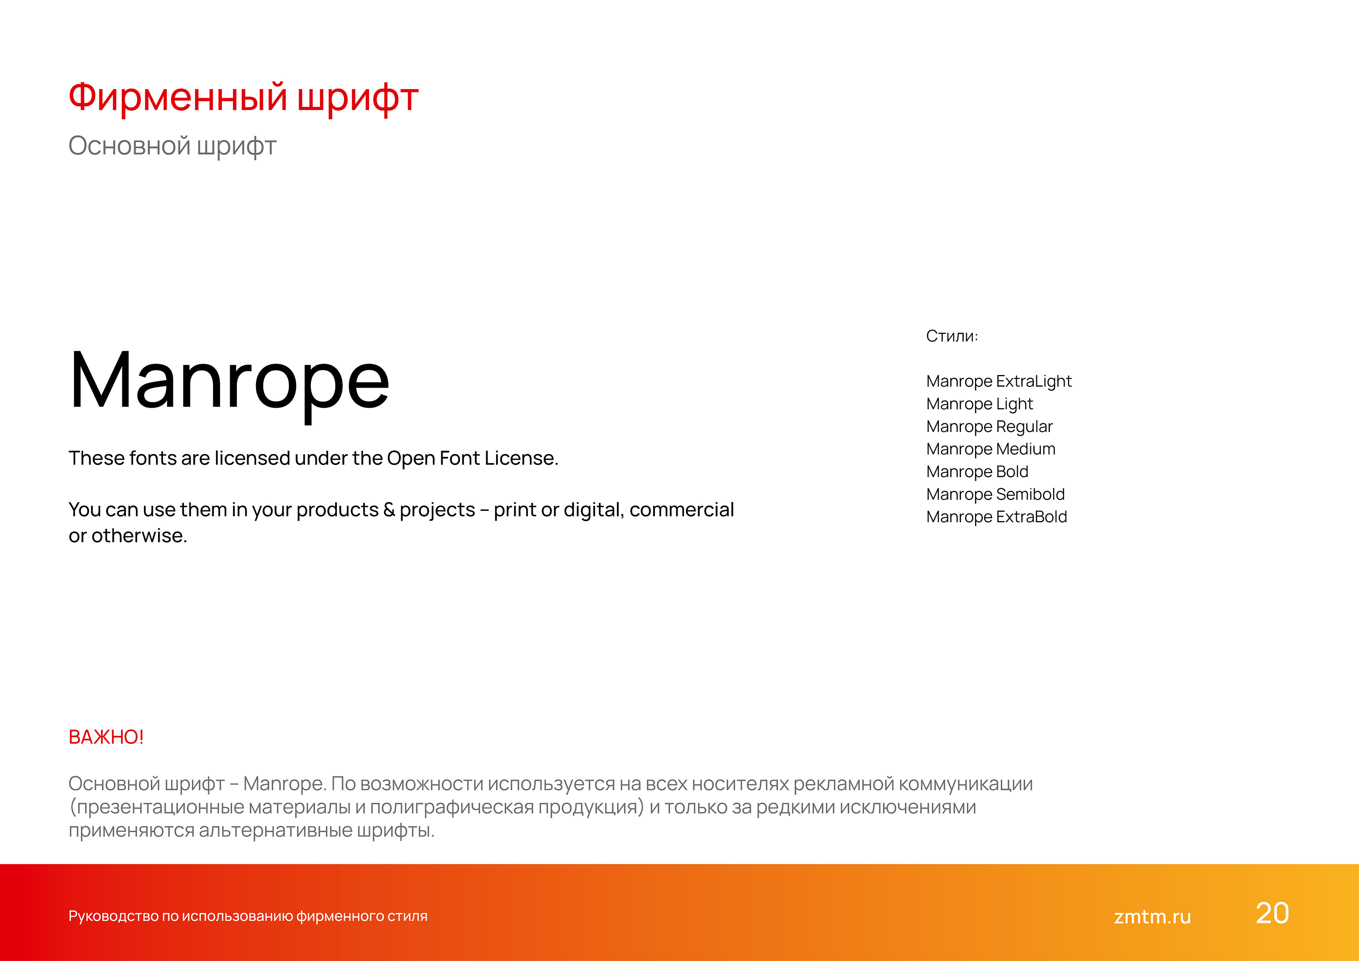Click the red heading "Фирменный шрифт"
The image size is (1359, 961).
[x=243, y=98]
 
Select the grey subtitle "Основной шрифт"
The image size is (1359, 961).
[x=172, y=146]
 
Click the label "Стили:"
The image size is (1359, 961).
[x=952, y=336]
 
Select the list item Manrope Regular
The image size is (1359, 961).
[x=989, y=427]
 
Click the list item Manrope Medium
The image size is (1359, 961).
[x=990, y=449]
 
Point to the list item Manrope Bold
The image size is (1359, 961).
[x=977, y=472]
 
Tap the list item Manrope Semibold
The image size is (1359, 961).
[x=995, y=494]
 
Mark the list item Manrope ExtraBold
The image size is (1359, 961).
[x=996, y=517]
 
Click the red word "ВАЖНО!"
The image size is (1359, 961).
[x=106, y=737]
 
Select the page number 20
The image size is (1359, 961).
[x=1272, y=914]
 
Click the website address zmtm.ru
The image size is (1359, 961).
[x=1152, y=916]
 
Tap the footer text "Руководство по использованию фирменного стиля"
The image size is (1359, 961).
[x=248, y=916]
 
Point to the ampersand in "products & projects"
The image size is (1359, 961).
[x=389, y=510]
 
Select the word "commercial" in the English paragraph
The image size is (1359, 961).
[x=681, y=510]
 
